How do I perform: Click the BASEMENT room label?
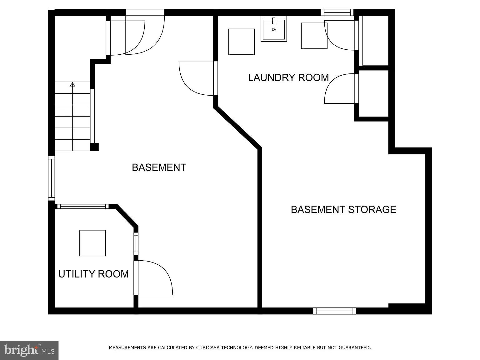(159, 167)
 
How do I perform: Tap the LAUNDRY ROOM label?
(288, 77)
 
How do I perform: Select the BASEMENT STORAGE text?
(343, 209)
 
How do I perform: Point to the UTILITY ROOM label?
(93, 274)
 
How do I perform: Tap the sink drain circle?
(274, 30)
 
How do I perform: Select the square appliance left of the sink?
(241, 42)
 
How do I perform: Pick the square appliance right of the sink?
(314, 36)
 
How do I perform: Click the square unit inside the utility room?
(92, 243)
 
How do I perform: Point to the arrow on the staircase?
(72, 84)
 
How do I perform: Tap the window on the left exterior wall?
(51, 178)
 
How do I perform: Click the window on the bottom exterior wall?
(334, 311)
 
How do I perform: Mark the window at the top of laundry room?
(337, 12)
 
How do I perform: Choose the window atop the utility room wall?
(83, 207)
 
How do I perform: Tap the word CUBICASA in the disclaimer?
(208, 347)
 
